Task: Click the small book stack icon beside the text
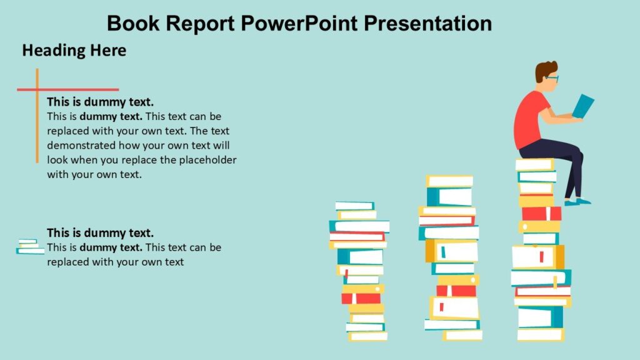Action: coord(29,246)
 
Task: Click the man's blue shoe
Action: coord(577,202)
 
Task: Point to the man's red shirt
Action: coord(529,119)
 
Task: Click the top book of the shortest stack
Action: coord(354,206)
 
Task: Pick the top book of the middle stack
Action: coord(449,181)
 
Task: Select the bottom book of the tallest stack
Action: coord(541,335)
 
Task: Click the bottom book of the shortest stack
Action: coord(368,336)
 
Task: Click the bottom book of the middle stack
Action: coord(462,335)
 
